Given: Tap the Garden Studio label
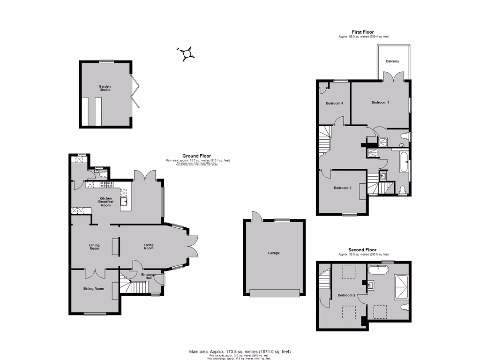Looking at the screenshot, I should [x=105, y=88].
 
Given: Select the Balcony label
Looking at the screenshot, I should [x=393, y=61].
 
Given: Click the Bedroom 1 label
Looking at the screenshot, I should [x=380, y=102].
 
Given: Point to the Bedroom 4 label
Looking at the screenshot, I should [x=334, y=103].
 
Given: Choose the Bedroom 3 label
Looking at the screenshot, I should [x=342, y=188].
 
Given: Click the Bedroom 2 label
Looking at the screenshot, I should [x=346, y=295].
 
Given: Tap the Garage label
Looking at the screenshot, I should [x=274, y=253].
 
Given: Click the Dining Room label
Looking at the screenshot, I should [x=94, y=247].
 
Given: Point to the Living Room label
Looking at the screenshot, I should [x=148, y=246].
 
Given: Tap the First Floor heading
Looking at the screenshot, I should [x=364, y=32].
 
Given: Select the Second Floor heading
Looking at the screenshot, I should [x=362, y=250].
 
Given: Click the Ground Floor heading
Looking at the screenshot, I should [x=196, y=156].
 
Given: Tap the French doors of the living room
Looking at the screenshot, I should [x=193, y=246].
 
